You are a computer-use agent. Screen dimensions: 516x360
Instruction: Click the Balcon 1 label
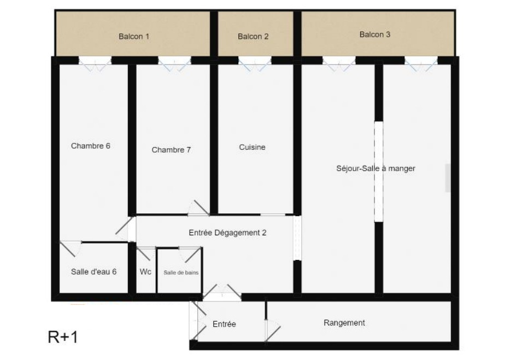click(134, 36)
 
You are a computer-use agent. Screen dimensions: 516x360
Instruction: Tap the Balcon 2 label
click(253, 36)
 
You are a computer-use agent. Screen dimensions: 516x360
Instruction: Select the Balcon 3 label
click(375, 34)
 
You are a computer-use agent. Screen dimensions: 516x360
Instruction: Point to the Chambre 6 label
click(91, 146)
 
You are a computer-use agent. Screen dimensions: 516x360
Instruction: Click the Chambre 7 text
click(171, 150)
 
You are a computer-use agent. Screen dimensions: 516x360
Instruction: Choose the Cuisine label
click(252, 147)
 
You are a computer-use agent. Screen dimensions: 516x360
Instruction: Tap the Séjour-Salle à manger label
click(376, 169)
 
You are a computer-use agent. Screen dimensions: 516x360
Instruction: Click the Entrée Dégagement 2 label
click(227, 233)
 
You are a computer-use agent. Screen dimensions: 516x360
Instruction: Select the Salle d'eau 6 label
click(94, 271)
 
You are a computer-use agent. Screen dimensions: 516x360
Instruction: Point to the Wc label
click(145, 271)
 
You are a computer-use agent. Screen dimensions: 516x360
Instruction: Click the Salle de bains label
click(181, 272)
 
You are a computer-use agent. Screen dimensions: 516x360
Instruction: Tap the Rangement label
click(344, 323)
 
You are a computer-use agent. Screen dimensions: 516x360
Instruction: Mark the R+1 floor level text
click(63, 337)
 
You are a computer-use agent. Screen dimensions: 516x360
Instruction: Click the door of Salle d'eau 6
click(71, 248)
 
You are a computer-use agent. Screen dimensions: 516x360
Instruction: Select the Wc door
click(146, 253)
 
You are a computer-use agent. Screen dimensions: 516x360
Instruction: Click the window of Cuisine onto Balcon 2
click(255, 64)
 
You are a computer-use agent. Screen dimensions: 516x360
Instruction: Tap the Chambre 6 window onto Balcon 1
click(95, 64)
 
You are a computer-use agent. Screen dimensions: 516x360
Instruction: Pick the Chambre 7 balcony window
click(174, 64)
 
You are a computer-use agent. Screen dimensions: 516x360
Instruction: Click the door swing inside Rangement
click(272, 330)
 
